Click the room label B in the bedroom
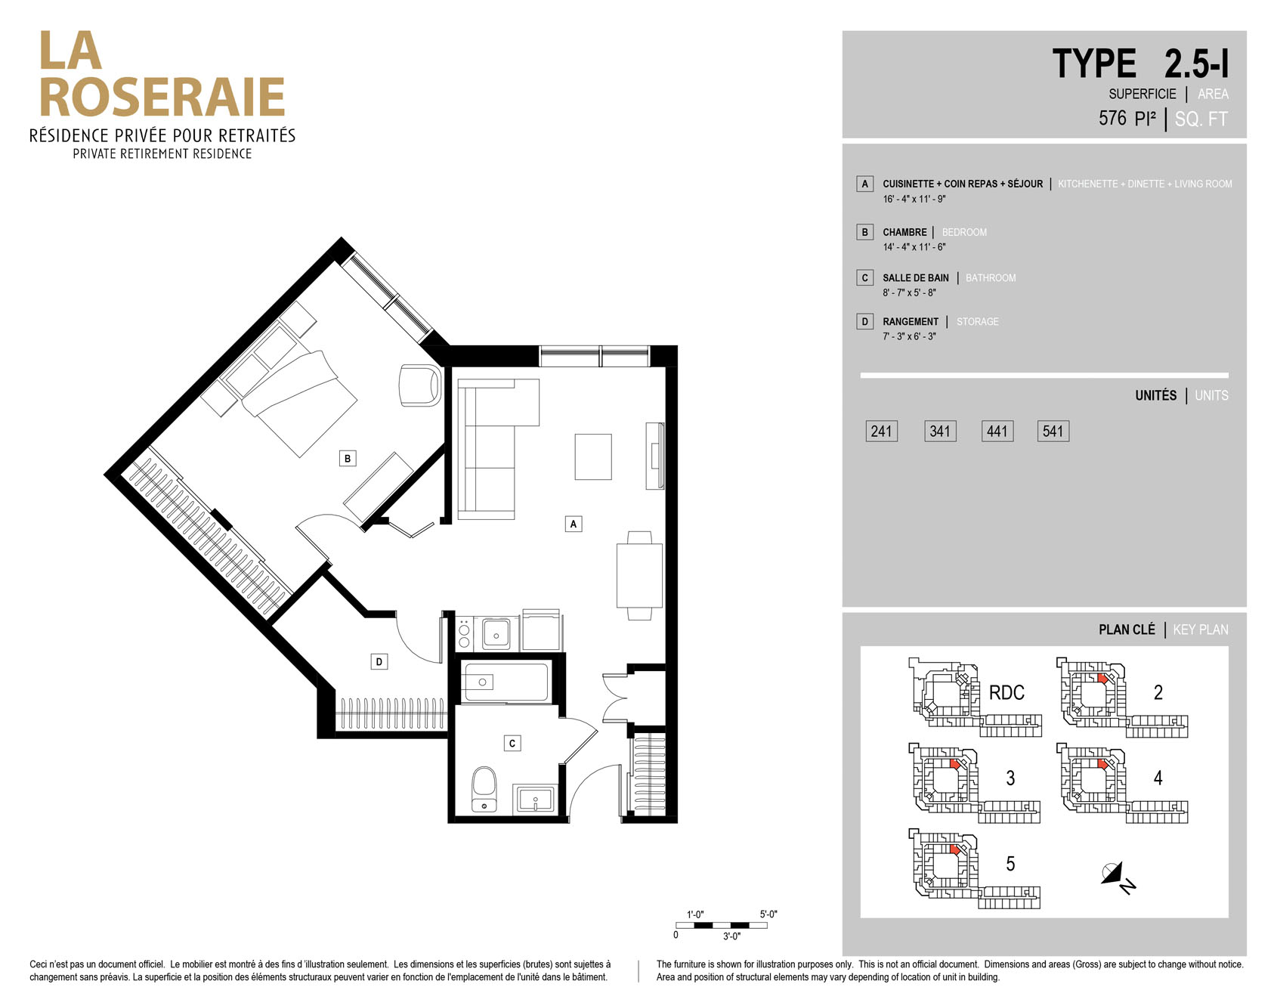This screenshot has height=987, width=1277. tap(348, 458)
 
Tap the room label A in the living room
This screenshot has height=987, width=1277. tap(574, 524)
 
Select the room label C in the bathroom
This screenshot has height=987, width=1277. tap(512, 743)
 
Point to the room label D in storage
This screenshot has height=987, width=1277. tap(379, 662)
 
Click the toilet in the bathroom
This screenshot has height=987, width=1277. tap(484, 790)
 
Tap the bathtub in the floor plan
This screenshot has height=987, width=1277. tap(506, 682)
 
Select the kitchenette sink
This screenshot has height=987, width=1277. tap(496, 633)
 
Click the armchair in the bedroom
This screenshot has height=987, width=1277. tap(419, 385)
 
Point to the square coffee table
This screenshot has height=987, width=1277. tap(593, 456)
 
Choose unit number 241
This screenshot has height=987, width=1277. tap(881, 432)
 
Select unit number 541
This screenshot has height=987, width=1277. tap(1053, 432)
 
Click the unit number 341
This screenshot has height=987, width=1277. tap(940, 432)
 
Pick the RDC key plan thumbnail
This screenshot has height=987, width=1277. tap(975, 697)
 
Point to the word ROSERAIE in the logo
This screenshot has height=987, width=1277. tap(162, 97)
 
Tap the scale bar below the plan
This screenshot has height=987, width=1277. tap(722, 925)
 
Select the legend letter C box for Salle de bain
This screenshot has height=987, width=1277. tap(865, 277)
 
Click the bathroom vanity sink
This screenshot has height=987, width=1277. tap(535, 800)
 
